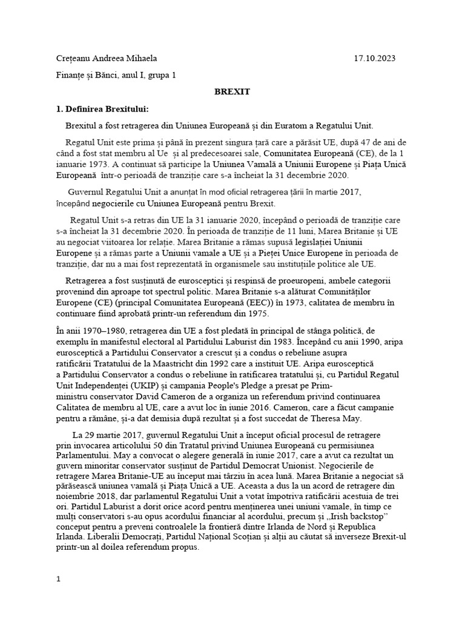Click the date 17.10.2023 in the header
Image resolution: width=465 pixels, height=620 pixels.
pyautogui.click(x=374, y=59)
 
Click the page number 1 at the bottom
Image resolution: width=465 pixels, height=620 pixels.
pyautogui.click(x=58, y=579)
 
